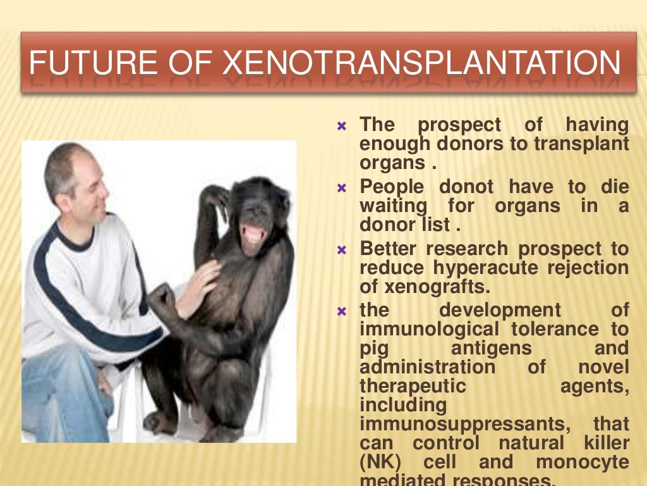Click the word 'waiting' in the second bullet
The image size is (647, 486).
[393, 206]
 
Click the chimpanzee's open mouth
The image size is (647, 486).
[254, 234]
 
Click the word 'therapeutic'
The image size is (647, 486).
[413, 385]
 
